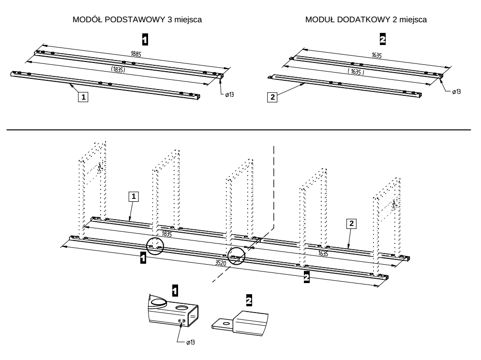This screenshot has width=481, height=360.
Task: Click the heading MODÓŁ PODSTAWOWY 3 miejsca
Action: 137,20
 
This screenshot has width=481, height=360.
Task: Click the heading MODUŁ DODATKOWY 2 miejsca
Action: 366,20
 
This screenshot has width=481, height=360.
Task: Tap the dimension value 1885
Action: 136,54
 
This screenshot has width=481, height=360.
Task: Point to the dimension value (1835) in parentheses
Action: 118,69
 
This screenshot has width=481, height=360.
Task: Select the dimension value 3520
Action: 221,263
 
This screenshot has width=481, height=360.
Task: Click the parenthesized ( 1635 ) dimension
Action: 356,72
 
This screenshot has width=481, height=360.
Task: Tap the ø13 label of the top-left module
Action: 229,94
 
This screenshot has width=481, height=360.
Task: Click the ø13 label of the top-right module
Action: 456,91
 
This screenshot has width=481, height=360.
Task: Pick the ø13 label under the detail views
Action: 191,342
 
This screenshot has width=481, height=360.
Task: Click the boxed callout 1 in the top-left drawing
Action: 83,97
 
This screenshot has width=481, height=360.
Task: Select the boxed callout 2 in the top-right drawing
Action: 272,98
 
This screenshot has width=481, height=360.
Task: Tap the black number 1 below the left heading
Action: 145,40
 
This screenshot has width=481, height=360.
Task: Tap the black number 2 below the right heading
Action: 383,39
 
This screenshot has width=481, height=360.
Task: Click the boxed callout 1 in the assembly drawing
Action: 134,196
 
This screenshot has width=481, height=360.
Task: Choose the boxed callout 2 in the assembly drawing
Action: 351,224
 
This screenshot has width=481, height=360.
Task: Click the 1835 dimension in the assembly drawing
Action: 166,234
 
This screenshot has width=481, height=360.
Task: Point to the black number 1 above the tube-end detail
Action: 175,290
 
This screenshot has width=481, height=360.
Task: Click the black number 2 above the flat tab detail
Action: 249,300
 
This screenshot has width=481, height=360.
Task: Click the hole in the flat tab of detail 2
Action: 227,323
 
